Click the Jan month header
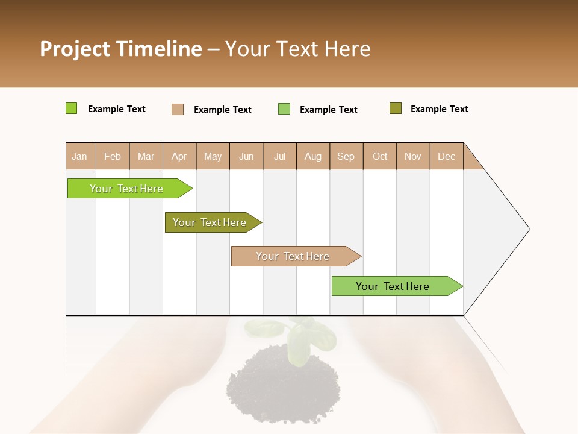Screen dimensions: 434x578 pos(79,156)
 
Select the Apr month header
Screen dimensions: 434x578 pos(179,156)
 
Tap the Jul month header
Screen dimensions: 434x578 pos(279,156)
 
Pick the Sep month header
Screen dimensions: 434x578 pos(346,156)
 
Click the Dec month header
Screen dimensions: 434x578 pos(446,156)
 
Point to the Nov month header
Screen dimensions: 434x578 pos(412,156)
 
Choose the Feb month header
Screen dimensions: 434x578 pos(113,156)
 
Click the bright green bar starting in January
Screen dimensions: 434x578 pos(126,189)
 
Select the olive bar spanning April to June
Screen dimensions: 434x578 pos(210,222)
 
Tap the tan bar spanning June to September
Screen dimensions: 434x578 pos(293,256)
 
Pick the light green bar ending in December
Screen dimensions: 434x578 pos(393,286)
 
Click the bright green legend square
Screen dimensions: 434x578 pos(71,108)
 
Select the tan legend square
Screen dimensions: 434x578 pos(177,109)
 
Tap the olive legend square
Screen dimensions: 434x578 pos(395,108)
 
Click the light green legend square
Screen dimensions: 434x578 pos(284,109)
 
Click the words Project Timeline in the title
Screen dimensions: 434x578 pos(120,49)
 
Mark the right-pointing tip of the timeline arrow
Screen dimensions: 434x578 pos(529,229)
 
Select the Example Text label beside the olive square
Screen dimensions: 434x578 pos(439,109)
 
